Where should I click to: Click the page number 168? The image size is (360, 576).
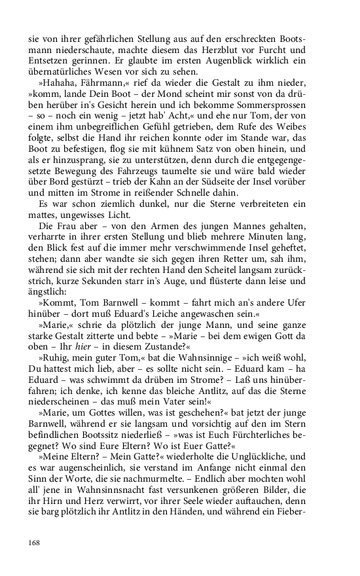(x=34, y=542)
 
